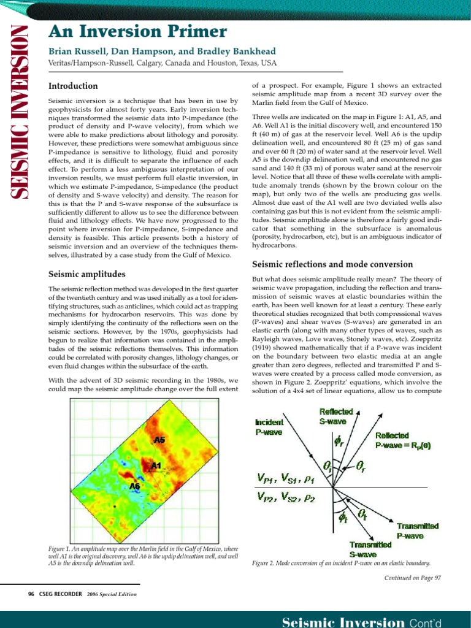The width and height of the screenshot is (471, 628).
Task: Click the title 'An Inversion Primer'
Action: click(137, 32)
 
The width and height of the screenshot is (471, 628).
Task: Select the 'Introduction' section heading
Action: click(73, 86)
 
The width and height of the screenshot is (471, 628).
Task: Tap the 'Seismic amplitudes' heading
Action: click(86, 274)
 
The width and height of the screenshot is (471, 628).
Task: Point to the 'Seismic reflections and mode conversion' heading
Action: click(332, 264)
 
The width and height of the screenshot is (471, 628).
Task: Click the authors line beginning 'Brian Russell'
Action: click(162, 52)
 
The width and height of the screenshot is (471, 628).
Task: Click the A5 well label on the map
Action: click(159, 440)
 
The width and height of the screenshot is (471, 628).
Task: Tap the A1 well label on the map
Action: click(156, 466)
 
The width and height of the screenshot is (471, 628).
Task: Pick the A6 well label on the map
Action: click(135, 486)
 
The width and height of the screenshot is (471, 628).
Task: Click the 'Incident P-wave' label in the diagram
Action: click(269, 427)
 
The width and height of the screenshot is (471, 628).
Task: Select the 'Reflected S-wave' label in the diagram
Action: click(335, 416)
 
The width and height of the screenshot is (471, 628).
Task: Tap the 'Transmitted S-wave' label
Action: click(370, 549)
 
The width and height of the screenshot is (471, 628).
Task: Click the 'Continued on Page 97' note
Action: click(412, 578)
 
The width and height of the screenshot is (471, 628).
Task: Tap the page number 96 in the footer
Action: click(31, 594)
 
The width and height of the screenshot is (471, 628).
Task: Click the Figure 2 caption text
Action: click(341, 563)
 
